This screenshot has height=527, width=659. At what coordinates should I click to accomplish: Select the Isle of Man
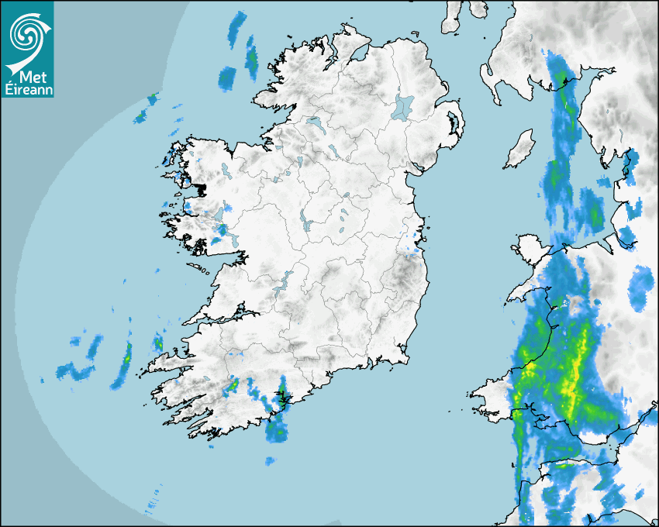[520, 149]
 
